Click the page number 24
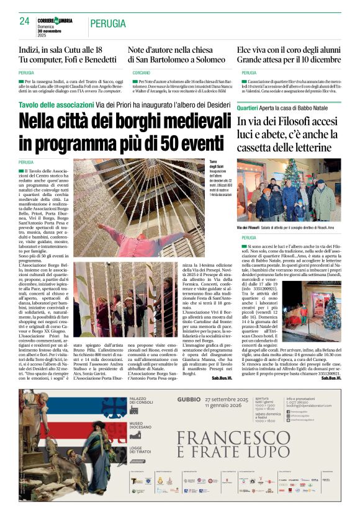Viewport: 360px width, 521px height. pyautogui.click(x=25, y=20)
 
